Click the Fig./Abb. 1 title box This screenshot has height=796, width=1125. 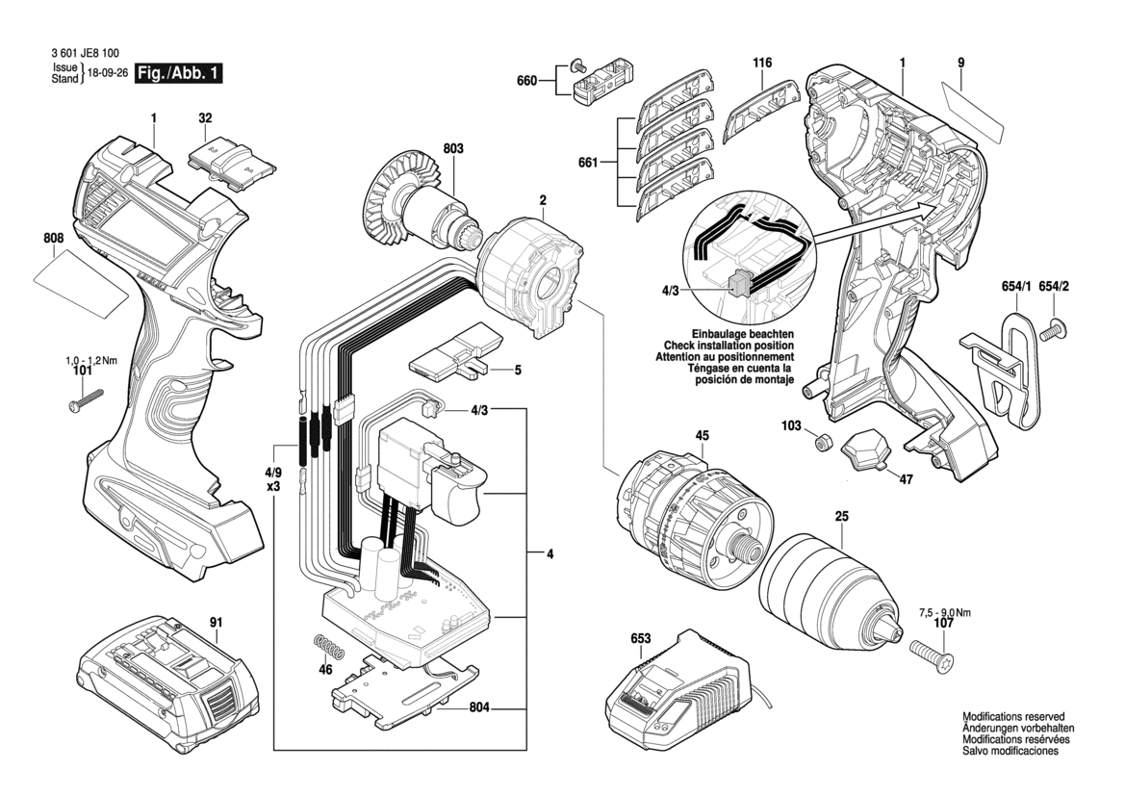tap(179, 73)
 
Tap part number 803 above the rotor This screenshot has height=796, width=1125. tap(453, 148)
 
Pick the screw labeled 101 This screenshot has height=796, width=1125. tap(85, 399)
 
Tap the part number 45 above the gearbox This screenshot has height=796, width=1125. tap(702, 436)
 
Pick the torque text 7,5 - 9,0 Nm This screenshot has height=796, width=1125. tap(945, 612)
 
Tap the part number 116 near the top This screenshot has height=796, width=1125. tap(762, 64)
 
